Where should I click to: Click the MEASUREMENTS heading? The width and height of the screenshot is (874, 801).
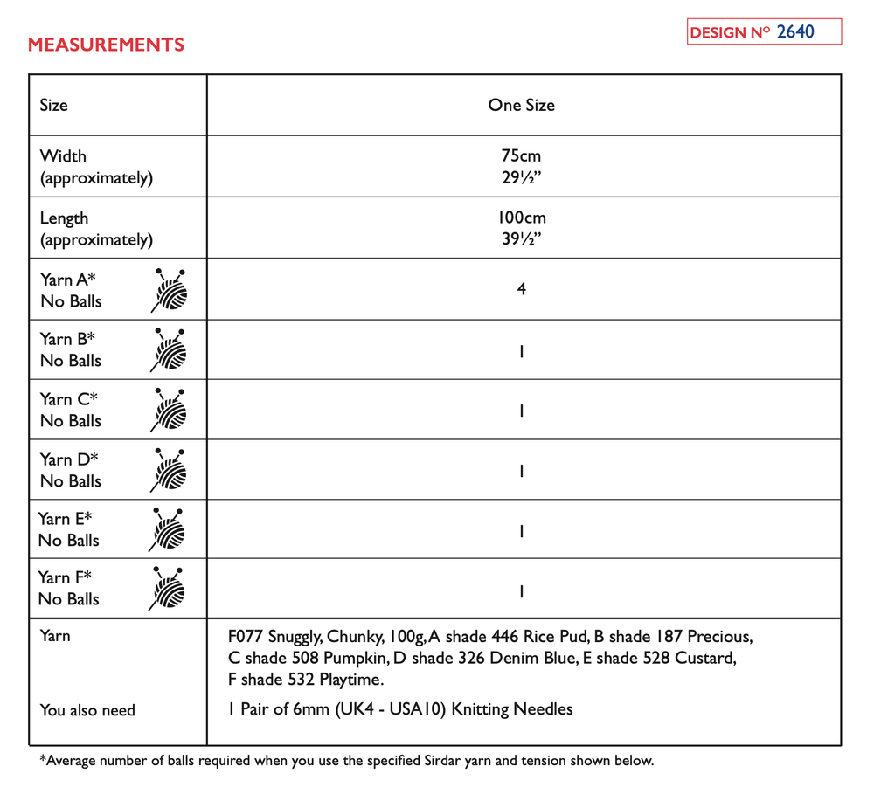[106, 45]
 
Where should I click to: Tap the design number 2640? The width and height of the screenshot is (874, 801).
[794, 32]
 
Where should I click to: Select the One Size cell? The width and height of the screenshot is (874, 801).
[521, 105]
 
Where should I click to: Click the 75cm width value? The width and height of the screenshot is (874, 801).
[521, 156]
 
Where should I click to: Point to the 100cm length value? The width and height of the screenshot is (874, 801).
[521, 218]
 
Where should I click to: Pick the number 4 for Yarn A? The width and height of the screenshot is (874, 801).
[521, 288]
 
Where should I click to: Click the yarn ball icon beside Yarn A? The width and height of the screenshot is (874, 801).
[170, 290]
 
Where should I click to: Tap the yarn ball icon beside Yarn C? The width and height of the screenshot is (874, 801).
[170, 410]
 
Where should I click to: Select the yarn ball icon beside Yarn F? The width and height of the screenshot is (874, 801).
[168, 588]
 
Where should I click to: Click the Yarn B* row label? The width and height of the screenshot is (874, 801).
[67, 340]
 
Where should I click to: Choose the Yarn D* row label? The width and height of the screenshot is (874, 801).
[69, 459]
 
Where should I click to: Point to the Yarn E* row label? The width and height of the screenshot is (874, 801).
[66, 519]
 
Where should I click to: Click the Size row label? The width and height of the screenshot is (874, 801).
[53, 105]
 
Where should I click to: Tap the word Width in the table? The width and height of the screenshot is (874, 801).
[63, 156]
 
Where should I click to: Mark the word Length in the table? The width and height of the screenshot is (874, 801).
[64, 218]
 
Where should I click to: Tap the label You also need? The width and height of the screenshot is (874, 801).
[87, 710]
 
